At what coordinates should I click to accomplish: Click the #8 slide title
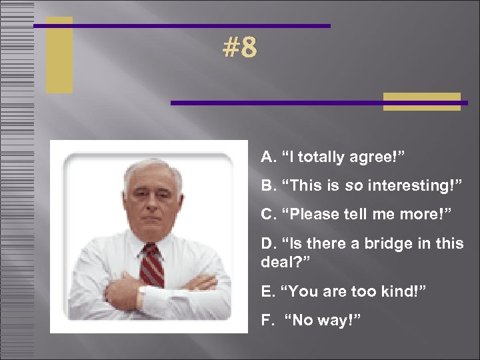click(240, 47)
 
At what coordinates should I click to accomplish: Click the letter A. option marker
click(268, 157)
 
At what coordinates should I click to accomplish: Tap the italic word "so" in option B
click(353, 186)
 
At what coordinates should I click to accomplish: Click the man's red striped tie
click(152, 265)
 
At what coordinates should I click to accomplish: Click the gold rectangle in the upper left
click(59, 55)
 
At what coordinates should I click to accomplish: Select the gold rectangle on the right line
click(421, 101)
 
